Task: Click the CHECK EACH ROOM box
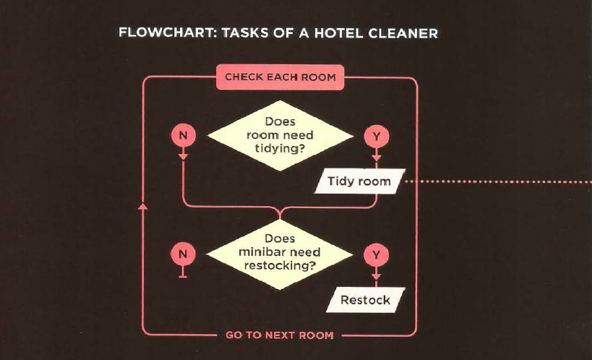[280, 77]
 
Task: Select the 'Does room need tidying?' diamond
[280, 135]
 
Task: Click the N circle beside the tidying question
[183, 135]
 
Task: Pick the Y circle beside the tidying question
[377, 137]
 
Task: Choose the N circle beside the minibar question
[183, 254]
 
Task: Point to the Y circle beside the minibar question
[376, 255]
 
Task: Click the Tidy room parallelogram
[360, 181]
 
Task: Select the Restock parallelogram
[366, 300]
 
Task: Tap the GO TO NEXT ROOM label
[280, 335]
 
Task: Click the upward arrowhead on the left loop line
[142, 206]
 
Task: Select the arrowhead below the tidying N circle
[183, 156]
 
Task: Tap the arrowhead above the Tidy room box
[377, 158]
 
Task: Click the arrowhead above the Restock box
[376, 277]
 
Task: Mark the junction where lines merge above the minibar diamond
[280, 213]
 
